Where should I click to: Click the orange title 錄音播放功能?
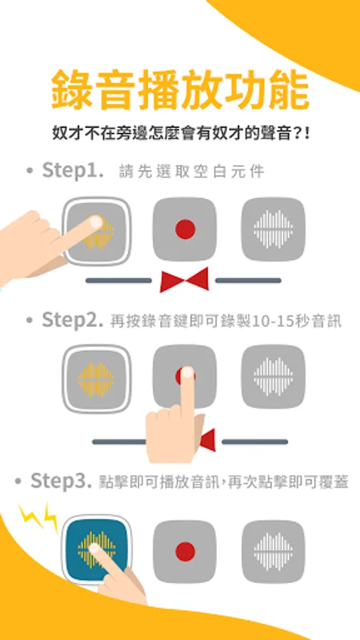click(x=180, y=90)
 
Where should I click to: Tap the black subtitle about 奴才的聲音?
click(x=181, y=134)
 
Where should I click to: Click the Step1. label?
click(x=73, y=170)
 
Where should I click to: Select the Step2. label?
click(x=73, y=319)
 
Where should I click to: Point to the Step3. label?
click(x=61, y=481)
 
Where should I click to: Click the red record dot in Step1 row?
click(x=185, y=229)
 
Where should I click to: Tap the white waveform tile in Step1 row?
click(x=273, y=230)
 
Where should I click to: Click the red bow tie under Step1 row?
click(x=184, y=279)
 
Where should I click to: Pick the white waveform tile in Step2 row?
click(x=273, y=376)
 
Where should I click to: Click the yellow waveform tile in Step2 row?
click(x=96, y=379)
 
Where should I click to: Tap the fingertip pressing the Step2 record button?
click(x=187, y=372)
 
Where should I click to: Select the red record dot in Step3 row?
click(x=185, y=551)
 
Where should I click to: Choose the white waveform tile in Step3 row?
click(x=273, y=552)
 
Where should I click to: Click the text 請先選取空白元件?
click(x=191, y=171)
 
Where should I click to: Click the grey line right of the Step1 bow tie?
click(x=248, y=280)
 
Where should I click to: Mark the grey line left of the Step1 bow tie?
click(x=118, y=280)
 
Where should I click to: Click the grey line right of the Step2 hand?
click(x=255, y=442)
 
